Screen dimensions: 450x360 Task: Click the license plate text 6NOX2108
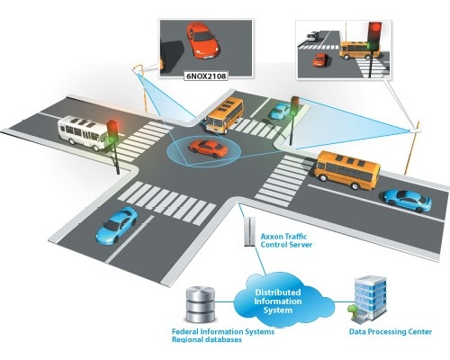pyautogui.click(x=206, y=76)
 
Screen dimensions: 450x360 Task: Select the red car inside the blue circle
pyautogui.click(x=208, y=148)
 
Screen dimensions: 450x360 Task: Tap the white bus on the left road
pyautogui.click(x=82, y=132)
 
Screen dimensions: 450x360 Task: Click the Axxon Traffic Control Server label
pyautogui.click(x=286, y=240)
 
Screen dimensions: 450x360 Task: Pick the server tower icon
pyautogui.click(x=249, y=231)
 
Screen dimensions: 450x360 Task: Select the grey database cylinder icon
pyautogui.click(x=201, y=304)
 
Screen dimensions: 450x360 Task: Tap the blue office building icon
pyautogui.click(x=368, y=299)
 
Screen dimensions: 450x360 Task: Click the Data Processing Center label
pyautogui.click(x=391, y=332)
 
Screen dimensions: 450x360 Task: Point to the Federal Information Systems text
pyautogui.click(x=223, y=332)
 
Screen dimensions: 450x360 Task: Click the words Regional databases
pyautogui.click(x=207, y=339)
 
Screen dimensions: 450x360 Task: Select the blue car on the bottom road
pyautogui.click(x=116, y=225)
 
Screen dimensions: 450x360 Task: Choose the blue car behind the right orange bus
pyautogui.click(x=408, y=201)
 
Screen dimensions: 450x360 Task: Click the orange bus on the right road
pyautogui.click(x=347, y=169)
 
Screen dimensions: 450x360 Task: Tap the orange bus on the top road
pyautogui.click(x=225, y=115)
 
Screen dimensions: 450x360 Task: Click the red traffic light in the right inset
pyautogui.click(x=374, y=30)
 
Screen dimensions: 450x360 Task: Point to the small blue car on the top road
pyautogui.click(x=281, y=111)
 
